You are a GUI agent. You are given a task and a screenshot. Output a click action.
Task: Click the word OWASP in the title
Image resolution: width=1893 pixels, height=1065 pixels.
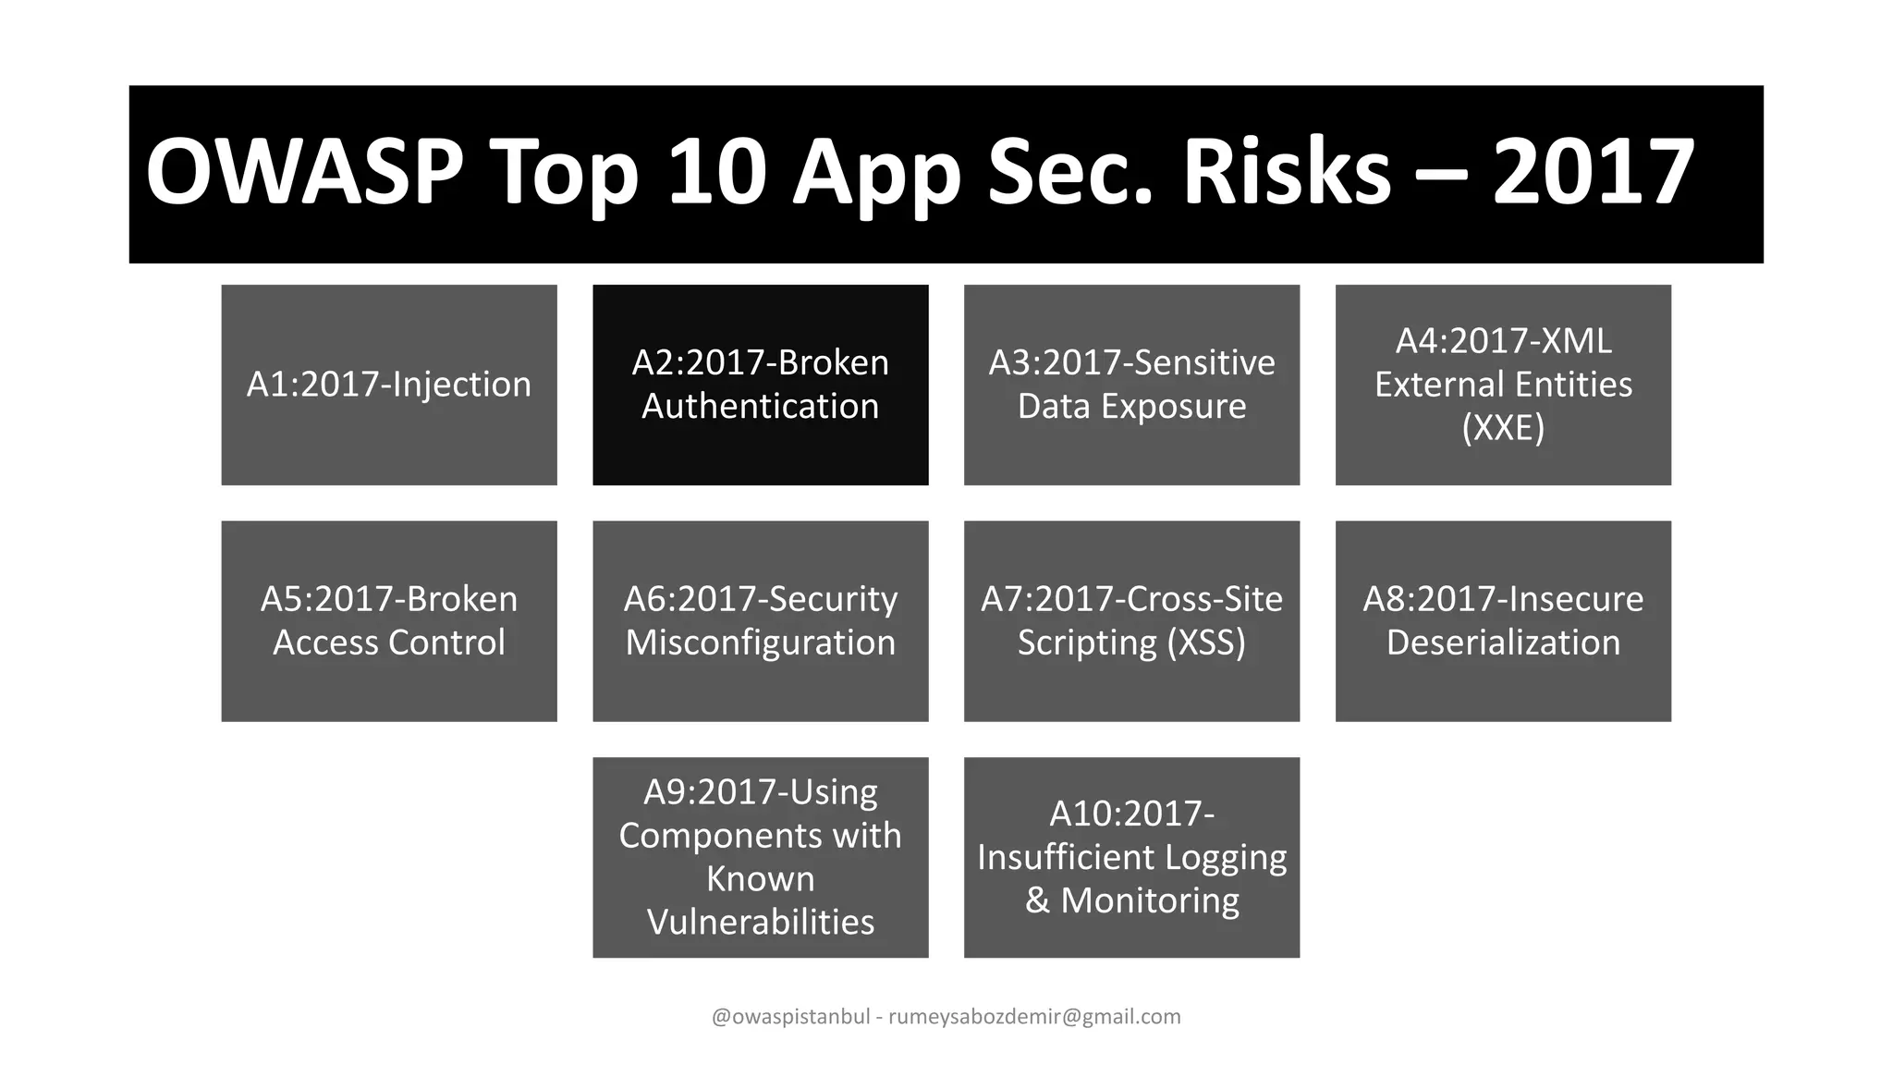click(305, 173)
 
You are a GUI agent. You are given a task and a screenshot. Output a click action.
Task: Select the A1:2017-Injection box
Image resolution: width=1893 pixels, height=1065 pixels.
click(389, 385)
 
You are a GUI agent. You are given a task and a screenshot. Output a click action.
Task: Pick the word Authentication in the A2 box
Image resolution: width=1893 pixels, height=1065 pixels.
click(760, 407)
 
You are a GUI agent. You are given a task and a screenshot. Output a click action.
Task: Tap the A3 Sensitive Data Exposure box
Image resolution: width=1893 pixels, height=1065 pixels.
click(1131, 385)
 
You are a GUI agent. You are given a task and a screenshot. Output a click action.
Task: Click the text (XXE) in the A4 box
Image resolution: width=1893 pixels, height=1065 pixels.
click(1503, 428)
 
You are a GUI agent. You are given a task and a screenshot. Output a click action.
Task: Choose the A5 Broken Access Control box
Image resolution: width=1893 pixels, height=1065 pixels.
click(389, 621)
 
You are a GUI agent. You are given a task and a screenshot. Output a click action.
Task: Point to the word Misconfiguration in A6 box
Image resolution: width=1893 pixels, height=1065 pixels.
click(760, 643)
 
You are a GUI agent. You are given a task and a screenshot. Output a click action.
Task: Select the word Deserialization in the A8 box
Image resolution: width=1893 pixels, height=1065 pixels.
click(1503, 643)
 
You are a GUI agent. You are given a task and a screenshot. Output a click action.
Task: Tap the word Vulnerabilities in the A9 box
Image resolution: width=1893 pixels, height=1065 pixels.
click(760, 922)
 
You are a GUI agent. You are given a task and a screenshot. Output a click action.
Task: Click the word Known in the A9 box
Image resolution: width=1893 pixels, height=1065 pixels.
click(760, 878)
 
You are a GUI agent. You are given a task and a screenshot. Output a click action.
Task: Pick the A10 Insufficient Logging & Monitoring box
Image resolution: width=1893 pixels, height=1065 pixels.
click(1131, 857)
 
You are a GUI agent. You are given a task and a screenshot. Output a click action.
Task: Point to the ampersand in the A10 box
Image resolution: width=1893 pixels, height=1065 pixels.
click(1037, 900)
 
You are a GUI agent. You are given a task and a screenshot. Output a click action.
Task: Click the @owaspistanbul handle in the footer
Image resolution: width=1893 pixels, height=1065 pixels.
click(790, 1017)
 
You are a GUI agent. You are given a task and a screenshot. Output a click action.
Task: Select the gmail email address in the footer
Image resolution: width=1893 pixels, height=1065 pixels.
click(1034, 1017)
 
